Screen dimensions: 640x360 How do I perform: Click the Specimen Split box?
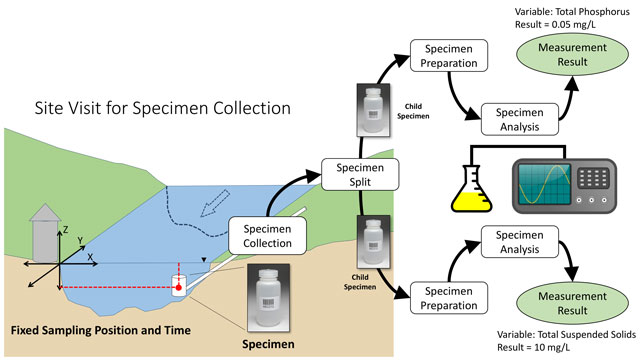coord(360,175)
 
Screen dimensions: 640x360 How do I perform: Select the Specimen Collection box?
coord(267,236)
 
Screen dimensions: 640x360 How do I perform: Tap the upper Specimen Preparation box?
coord(449,56)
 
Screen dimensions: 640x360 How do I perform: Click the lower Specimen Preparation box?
coord(449,298)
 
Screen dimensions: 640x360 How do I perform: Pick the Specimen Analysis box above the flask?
coord(520,119)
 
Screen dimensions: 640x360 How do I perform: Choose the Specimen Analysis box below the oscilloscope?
coord(520,242)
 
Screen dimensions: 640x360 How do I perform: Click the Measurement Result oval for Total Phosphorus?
coord(572,55)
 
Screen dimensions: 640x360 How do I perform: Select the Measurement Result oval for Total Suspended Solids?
coord(572,303)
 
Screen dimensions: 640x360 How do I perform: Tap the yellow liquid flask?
coord(471,189)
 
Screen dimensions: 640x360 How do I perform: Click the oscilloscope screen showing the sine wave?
coord(544,184)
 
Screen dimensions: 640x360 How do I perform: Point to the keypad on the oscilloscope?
coord(594,178)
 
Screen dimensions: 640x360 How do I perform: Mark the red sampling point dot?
coord(178,288)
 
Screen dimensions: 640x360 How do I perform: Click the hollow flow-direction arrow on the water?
coord(215,203)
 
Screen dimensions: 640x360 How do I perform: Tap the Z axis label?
coord(65,230)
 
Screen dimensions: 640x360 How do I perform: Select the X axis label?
coord(90,257)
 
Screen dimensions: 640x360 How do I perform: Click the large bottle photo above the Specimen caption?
coord(268,298)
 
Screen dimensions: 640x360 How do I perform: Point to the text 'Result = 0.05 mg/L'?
coord(555,24)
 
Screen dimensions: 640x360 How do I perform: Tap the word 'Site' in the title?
coord(48,108)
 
